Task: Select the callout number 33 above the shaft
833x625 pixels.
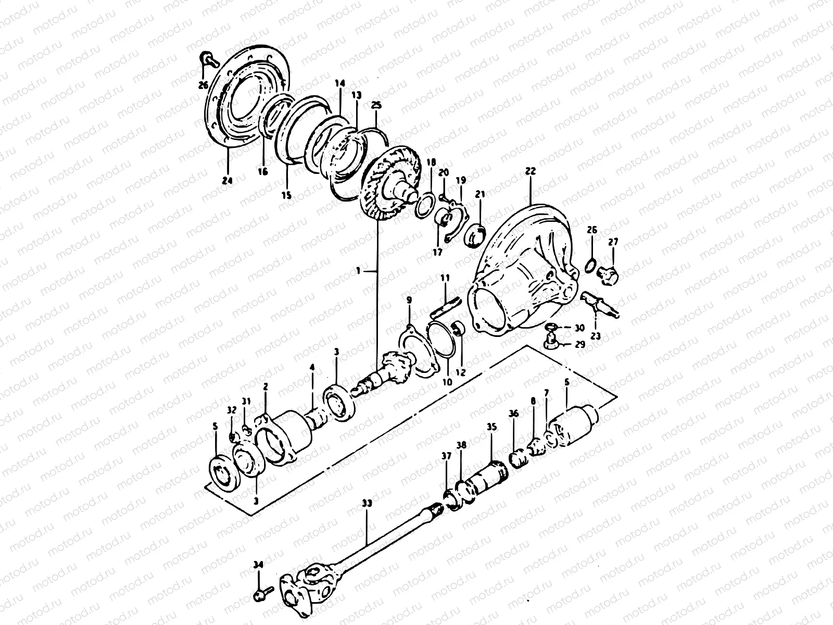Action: click(367, 504)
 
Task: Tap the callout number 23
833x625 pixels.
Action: click(596, 336)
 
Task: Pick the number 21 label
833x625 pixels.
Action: click(479, 195)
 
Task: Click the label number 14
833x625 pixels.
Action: click(340, 83)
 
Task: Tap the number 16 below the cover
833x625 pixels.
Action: click(262, 171)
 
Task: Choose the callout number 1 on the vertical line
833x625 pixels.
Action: click(358, 270)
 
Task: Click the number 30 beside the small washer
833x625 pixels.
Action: click(580, 328)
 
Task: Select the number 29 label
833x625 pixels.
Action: click(580, 344)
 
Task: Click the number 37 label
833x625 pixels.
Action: click(446, 456)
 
